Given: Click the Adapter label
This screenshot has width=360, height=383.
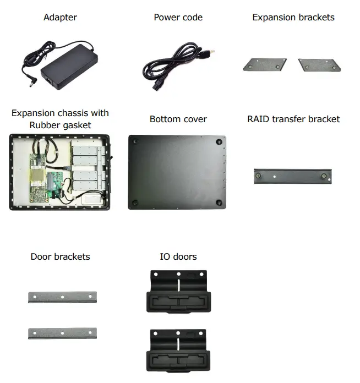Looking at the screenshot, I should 60,18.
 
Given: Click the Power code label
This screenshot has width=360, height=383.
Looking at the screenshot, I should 178,18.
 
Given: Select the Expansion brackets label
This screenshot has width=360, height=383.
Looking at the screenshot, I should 293,18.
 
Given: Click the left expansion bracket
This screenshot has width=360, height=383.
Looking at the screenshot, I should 265,65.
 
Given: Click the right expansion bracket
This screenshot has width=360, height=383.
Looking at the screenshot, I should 319,65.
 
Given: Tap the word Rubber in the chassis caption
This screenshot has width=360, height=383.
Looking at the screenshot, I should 44,125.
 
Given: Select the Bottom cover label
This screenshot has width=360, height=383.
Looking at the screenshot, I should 178,119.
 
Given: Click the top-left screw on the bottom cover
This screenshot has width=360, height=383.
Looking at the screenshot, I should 136,141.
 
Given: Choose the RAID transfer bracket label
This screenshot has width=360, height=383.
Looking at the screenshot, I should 293,119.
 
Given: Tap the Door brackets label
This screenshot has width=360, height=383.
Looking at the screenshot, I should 60,256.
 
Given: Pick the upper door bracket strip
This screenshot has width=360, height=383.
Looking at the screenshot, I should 62,297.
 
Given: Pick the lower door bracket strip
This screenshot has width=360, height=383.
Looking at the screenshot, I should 62,333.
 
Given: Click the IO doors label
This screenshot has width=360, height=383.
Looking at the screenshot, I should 178,256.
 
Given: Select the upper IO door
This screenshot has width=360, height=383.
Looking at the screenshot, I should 178,292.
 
